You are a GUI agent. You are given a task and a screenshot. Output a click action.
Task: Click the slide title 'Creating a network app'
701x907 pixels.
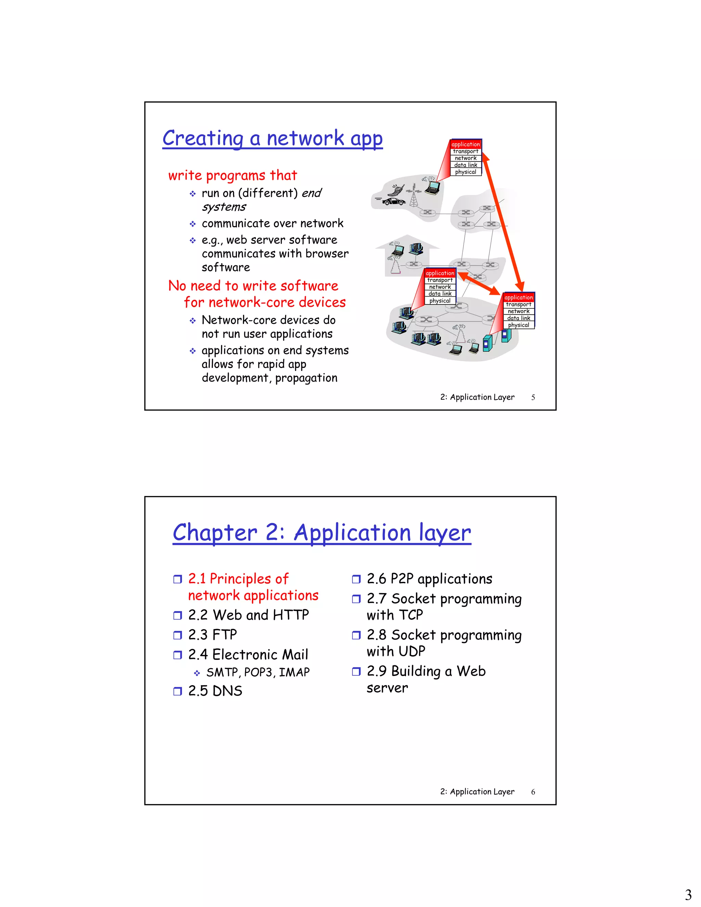pos(272,138)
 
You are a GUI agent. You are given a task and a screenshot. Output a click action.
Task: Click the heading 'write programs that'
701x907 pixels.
pos(232,175)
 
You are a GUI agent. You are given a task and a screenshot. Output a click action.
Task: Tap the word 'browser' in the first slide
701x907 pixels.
pos(327,254)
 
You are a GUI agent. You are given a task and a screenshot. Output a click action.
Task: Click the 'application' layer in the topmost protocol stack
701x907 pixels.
pos(466,144)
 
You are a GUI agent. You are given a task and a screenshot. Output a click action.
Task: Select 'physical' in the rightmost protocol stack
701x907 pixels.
pos(518,325)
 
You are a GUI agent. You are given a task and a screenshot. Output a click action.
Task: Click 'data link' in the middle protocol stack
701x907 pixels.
pos(440,294)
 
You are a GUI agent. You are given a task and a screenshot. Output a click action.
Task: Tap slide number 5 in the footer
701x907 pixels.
pos(533,397)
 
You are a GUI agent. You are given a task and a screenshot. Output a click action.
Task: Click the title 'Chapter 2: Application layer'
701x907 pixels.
pos(322,533)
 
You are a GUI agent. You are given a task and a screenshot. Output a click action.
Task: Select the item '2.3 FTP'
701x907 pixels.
pos(212,635)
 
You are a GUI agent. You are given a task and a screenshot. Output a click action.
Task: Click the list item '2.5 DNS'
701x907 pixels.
pos(215,691)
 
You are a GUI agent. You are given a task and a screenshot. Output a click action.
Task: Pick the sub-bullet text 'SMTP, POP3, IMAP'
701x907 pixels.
pos(258,672)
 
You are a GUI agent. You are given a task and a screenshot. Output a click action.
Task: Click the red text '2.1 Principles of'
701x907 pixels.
pos(238,578)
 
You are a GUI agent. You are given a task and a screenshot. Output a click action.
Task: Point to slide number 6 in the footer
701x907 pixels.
pos(533,792)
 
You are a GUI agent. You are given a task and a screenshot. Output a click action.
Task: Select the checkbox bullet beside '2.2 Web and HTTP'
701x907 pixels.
pos(177,615)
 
